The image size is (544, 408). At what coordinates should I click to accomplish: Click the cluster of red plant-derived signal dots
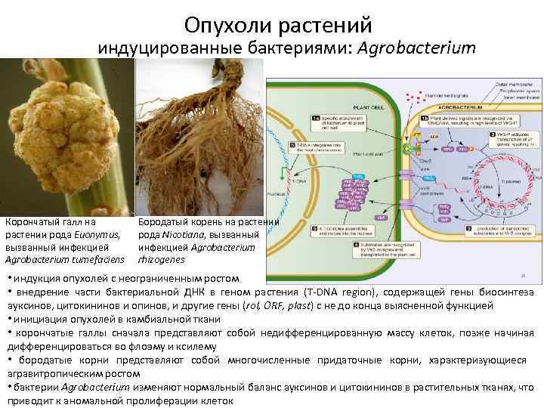click(411, 100)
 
